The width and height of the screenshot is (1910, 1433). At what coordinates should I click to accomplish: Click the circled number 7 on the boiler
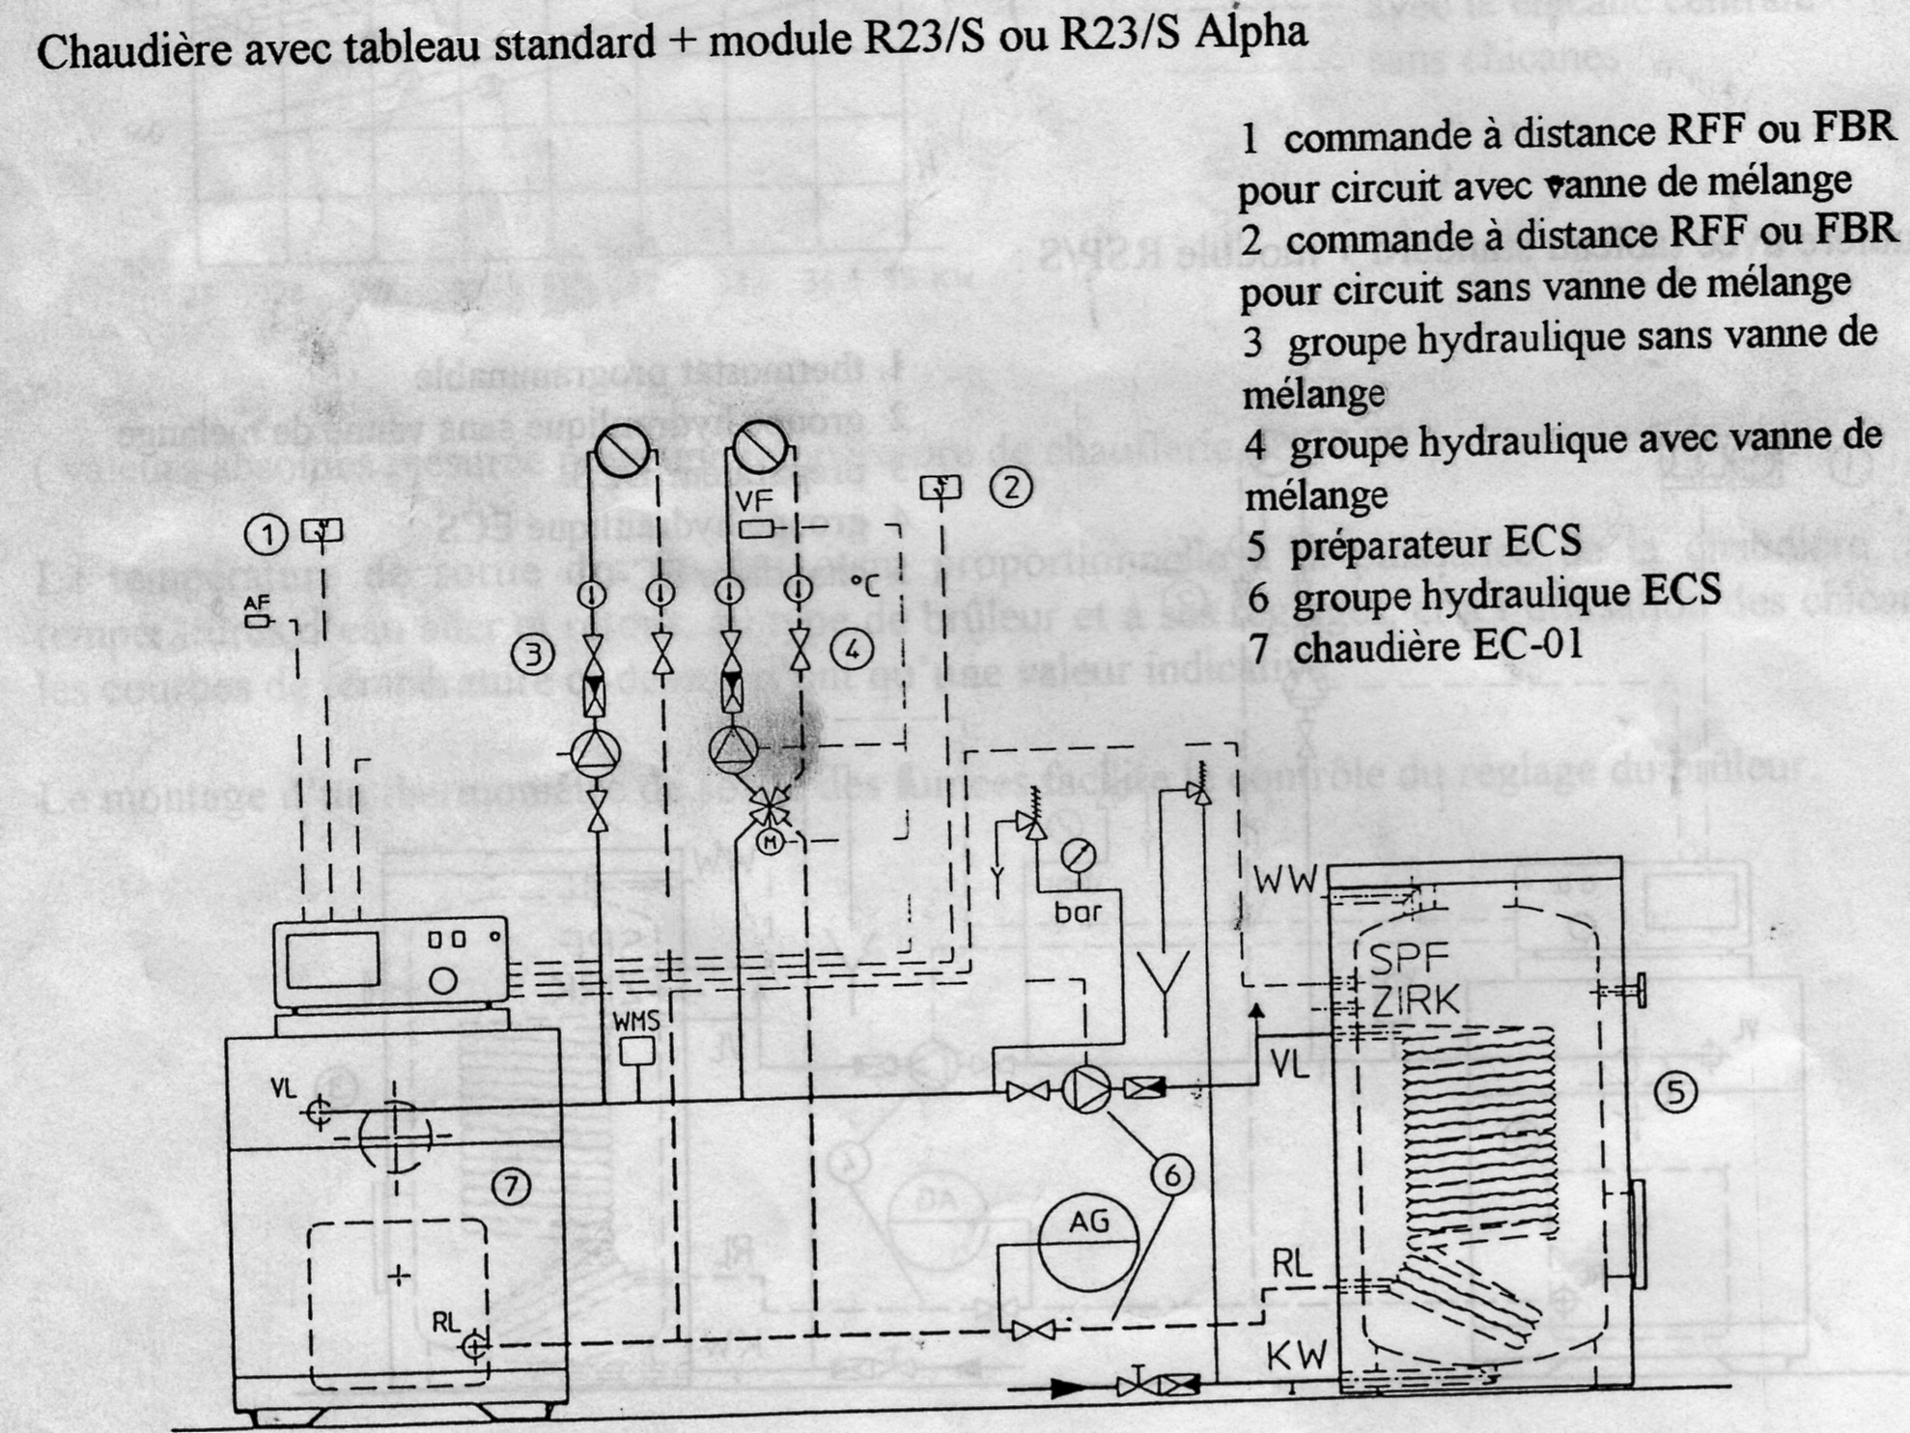(511, 1185)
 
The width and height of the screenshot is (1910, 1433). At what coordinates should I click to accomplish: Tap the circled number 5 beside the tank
(1675, 1092)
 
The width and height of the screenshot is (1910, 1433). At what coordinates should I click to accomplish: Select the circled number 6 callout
(1172, 1175)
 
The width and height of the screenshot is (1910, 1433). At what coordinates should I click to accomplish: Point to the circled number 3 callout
(532, 655)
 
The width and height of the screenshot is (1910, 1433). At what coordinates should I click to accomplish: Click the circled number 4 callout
(852, 650)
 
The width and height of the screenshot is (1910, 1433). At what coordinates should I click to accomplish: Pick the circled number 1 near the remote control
(267, 534)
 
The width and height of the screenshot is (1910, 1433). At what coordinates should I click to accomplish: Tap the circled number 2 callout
(1011, 489)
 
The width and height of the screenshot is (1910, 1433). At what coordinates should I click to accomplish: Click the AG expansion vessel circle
(1088, 1243)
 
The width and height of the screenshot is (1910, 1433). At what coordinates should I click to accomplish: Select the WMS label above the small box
(636, 1021)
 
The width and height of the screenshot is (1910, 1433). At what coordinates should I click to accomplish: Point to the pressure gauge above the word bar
(1078, 856)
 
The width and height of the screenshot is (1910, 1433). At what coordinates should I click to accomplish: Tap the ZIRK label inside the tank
(1416, 1001)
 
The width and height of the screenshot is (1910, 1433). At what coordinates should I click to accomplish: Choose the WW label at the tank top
(1285, 880)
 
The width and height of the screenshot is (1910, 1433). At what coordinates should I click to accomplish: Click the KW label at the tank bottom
(1297, 1355)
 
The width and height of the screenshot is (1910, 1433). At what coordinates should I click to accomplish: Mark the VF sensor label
(755, 501)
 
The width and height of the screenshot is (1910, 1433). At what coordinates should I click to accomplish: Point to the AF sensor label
(256, 603)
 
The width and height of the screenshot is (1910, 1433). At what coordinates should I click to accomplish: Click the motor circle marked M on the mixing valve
(771, 842)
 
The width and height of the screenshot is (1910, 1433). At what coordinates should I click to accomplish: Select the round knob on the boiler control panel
(442, 981)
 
